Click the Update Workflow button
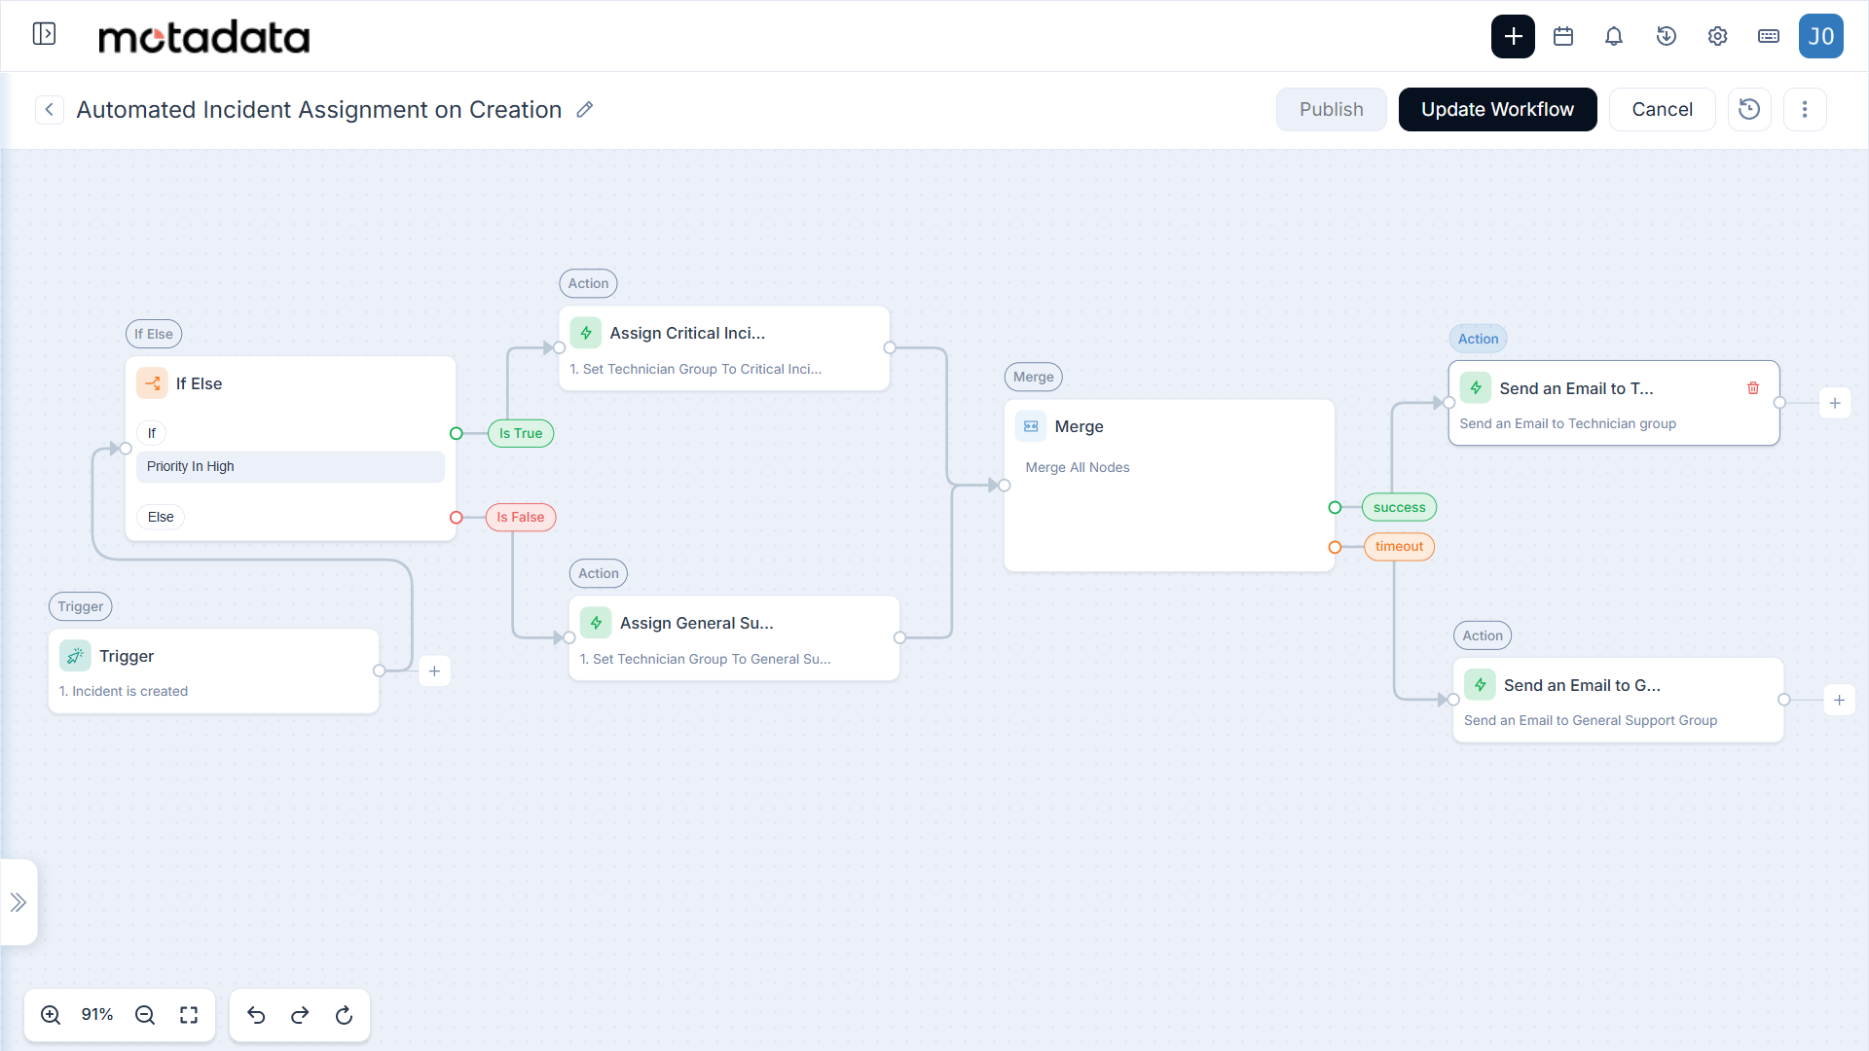tap(1497, 109)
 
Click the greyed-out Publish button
tap(1331, 109)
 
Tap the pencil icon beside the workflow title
tap(584, 110)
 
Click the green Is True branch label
tap(521, 433)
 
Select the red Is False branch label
tap(521, 517)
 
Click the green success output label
tap(1399, 507)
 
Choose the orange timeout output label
tap(1399, 546)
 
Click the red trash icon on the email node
tap(1753, 388)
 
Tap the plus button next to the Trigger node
tap(434, 670)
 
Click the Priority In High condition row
tap(290, 466)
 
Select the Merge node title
tap(1079, 426)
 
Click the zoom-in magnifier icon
tap(51, 1015)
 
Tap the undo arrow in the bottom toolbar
tap(256, 1015)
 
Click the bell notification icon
tap(1614, 36)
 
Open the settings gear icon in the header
tap(1717, 36)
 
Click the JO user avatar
tap(1820, 36)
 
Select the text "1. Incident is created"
tap(124, 691)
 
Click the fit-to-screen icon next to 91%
tap(189, 1015)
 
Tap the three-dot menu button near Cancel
tap(1805, 109)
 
